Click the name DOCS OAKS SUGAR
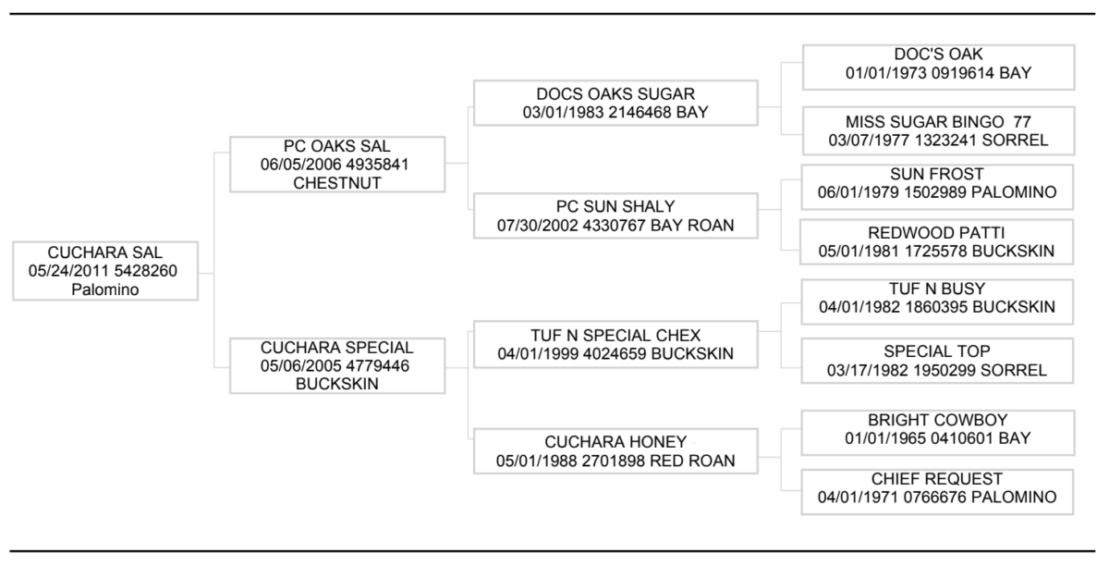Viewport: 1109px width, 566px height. point(615,93)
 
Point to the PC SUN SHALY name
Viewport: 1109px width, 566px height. point(615,206)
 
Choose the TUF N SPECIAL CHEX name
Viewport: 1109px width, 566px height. point(615,336)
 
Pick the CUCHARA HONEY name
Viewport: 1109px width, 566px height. point(615,441)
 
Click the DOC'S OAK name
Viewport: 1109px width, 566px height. point(938,54)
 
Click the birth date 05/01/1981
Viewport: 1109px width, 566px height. point(859,252)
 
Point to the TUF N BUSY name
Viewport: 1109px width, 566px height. point(937,289)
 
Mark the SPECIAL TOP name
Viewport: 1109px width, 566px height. point(937,351)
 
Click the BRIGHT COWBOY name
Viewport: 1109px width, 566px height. point(938,420)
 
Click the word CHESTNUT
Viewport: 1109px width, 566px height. point(337,183)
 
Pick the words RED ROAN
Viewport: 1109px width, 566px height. point(692,461)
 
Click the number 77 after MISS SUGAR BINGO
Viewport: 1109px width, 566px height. point(1022,121)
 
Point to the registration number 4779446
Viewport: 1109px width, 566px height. point(378,365)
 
